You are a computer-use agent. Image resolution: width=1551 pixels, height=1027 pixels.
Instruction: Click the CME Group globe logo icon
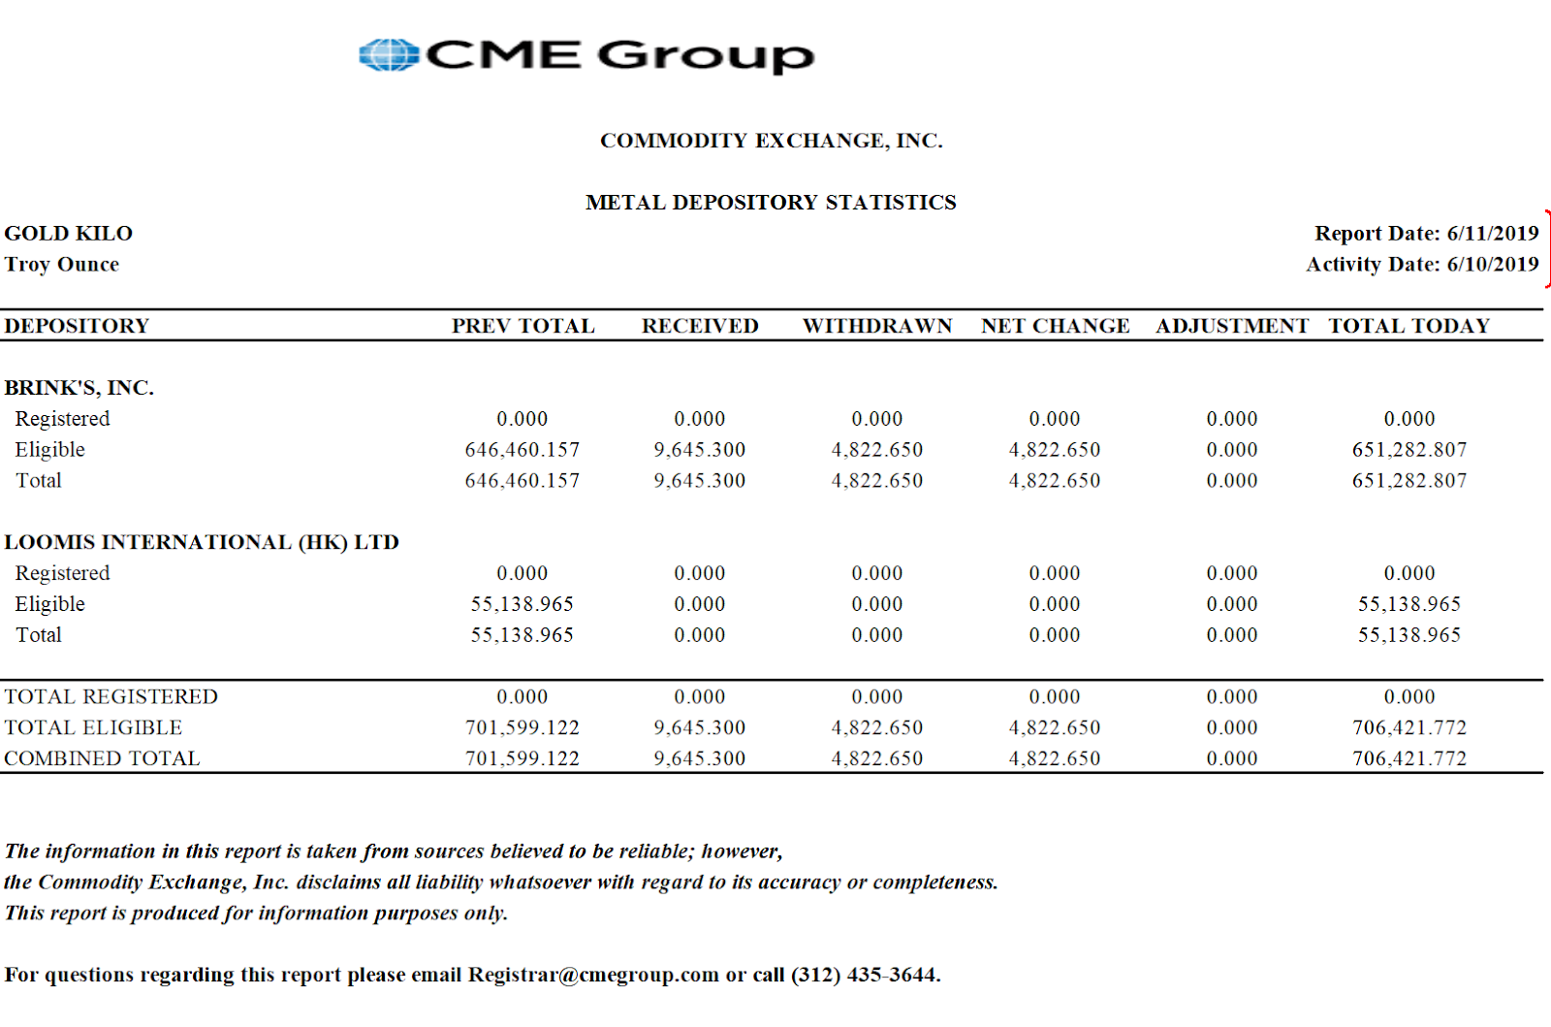388,55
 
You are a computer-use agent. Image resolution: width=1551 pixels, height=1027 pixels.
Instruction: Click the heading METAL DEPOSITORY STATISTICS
771,203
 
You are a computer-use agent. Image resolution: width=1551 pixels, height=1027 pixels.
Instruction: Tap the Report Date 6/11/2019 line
1425,234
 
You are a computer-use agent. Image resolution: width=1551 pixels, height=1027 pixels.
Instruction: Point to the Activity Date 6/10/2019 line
1421,265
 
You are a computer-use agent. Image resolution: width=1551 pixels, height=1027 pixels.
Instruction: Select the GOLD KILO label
69,234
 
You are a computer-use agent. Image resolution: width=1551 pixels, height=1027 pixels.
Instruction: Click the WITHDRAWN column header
877,326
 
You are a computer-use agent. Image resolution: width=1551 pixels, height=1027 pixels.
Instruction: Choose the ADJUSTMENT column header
1232,326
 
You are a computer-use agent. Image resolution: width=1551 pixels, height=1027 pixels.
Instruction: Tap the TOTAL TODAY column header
1409,326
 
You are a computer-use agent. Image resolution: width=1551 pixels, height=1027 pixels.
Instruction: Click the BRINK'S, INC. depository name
79,388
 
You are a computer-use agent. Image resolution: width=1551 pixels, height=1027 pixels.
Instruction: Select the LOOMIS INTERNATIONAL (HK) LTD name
202,542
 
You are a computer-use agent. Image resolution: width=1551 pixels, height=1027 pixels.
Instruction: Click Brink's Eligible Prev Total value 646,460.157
522,450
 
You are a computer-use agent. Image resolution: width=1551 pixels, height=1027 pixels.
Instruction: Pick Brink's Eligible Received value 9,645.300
700,450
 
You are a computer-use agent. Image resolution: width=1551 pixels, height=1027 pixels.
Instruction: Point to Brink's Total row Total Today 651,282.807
1409,481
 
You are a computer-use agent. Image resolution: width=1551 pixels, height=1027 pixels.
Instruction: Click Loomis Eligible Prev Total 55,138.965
522,604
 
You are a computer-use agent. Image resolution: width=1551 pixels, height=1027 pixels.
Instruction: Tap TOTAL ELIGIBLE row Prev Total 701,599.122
522,728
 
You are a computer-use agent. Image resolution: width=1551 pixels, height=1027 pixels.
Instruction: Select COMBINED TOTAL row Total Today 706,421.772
1409,759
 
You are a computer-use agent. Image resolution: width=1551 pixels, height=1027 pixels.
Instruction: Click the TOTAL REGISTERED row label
111,697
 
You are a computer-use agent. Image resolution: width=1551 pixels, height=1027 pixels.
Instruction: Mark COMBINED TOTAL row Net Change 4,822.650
1055,759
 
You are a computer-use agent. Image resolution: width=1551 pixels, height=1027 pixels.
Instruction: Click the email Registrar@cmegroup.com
593,976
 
